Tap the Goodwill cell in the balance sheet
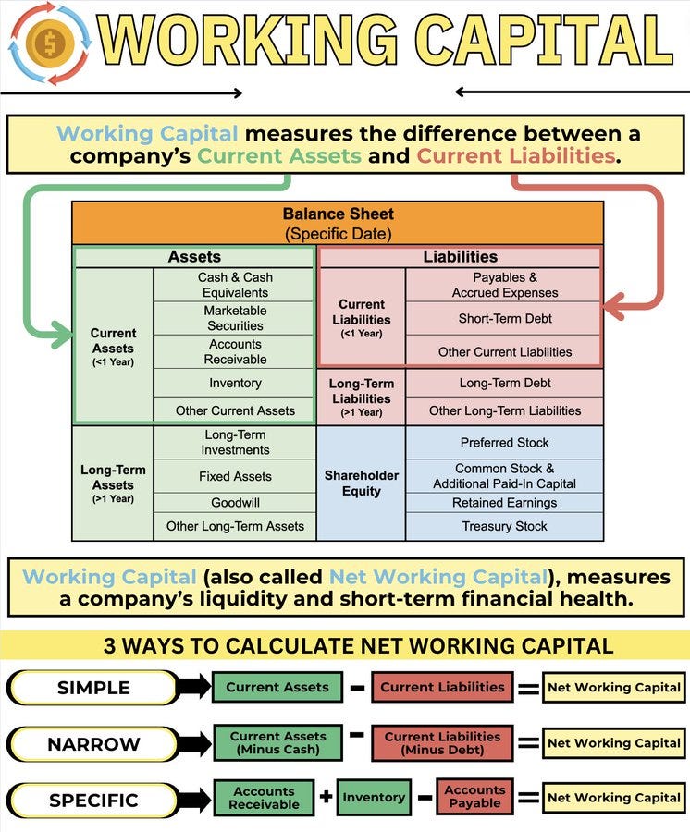coord(235,502)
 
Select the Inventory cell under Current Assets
coord(235,383)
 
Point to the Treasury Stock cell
coord(504,526)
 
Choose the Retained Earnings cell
coord(504,503)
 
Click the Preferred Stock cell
coord(504,443)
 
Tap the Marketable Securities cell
coord(235,318)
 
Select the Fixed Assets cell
coord(235,476)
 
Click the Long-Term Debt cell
coord(504,383)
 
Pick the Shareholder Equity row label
coord(361,483)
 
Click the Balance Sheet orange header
coord(338,223)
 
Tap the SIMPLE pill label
coord(93,688)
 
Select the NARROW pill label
coord(93,743)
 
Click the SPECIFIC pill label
coord(93,800)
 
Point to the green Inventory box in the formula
coord(374,797)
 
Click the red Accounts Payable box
coord(475,797)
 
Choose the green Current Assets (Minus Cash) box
coord(277,743)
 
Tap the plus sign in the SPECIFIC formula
coord(326,796)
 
